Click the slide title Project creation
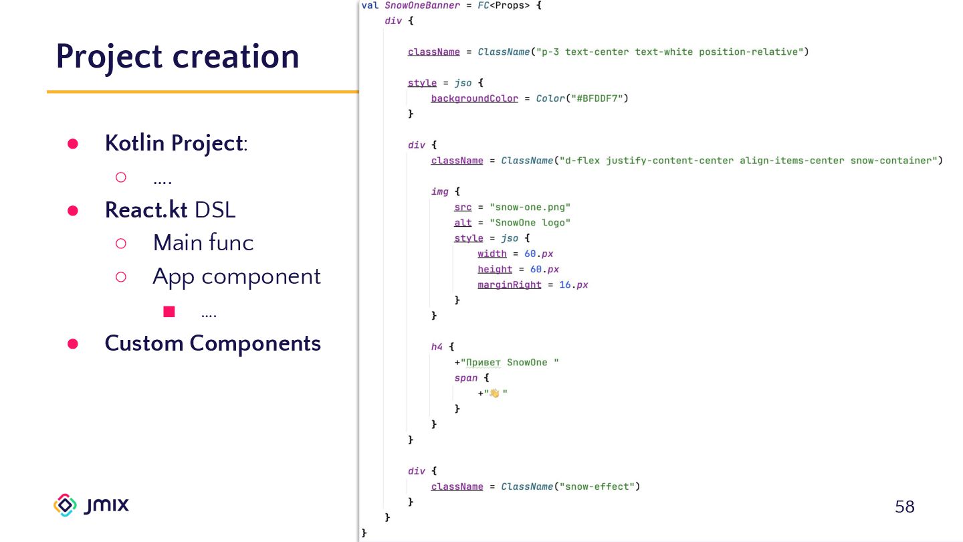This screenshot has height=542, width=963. tap(177, 57)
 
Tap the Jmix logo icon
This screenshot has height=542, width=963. tap(65, 505)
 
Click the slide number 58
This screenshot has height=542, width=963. tap(904, 507)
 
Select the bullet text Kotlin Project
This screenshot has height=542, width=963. tap(173, 143)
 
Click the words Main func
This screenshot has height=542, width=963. tap(203, 242)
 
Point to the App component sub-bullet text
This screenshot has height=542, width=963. tap(237, 276)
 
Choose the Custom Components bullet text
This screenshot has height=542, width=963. tap(213, 343)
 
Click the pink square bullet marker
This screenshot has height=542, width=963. tap(169, 311)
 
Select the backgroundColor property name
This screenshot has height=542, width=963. tap(474, 98)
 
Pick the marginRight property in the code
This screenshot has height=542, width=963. tap(509, 284)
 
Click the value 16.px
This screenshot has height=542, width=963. tap(574, 284)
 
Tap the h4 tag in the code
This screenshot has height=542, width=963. tap(437, 347)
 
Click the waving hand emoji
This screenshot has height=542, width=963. tap(494, 393)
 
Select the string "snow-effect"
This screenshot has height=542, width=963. tap(597, 486)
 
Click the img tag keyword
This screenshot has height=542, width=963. tap(439, 191)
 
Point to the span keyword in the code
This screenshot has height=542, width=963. tap(465, 378)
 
